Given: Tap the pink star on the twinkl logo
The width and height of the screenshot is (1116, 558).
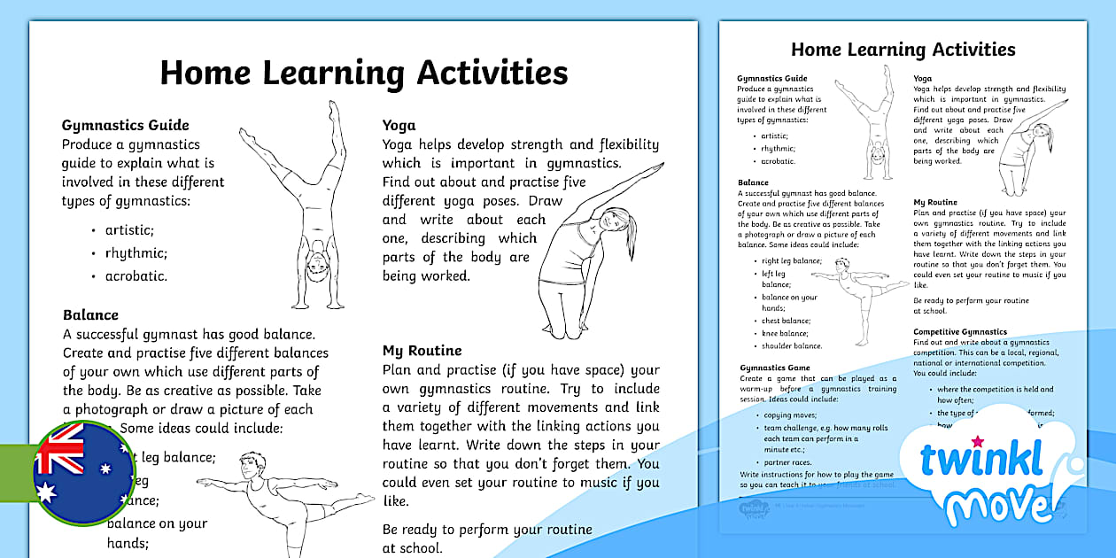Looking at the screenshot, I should [x=978, y=440].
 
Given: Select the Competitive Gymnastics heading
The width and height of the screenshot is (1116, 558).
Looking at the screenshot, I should [x=960, y=332].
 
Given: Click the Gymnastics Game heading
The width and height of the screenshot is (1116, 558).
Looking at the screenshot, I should [x=775, y=368].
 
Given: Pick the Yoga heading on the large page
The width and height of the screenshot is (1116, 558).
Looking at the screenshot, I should [x=399, y=126].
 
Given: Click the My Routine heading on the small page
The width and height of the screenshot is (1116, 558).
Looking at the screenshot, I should [x=935, y=203].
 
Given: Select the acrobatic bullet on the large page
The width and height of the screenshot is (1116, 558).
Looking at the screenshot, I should [x=136, y=275].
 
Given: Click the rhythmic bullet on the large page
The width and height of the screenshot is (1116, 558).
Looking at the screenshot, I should [x=136, y=252].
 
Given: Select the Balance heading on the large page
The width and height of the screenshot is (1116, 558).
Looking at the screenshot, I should [x=90, y=314].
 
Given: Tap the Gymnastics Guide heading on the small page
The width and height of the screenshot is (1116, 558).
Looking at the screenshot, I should [x=772, y=79].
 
